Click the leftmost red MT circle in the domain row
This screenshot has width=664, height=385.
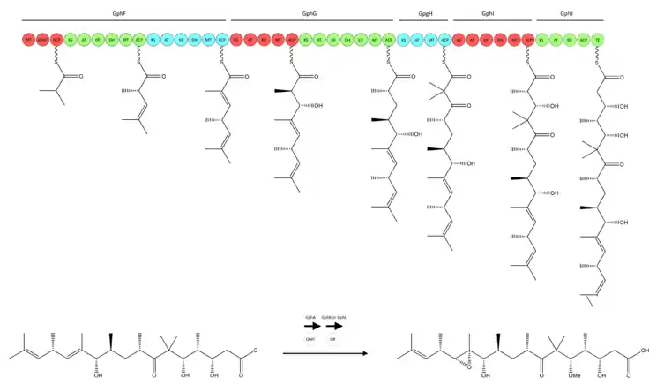(x=29, y=41)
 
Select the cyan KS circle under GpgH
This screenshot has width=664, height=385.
(x=403, y=41)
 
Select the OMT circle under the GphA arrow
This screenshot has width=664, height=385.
(x=311, y=338)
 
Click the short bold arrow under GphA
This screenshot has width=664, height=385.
(x=311, y=326)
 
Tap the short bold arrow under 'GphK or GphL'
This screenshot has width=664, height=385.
(x=332, y=326)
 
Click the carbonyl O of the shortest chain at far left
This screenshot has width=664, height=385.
(x=80, y=77)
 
